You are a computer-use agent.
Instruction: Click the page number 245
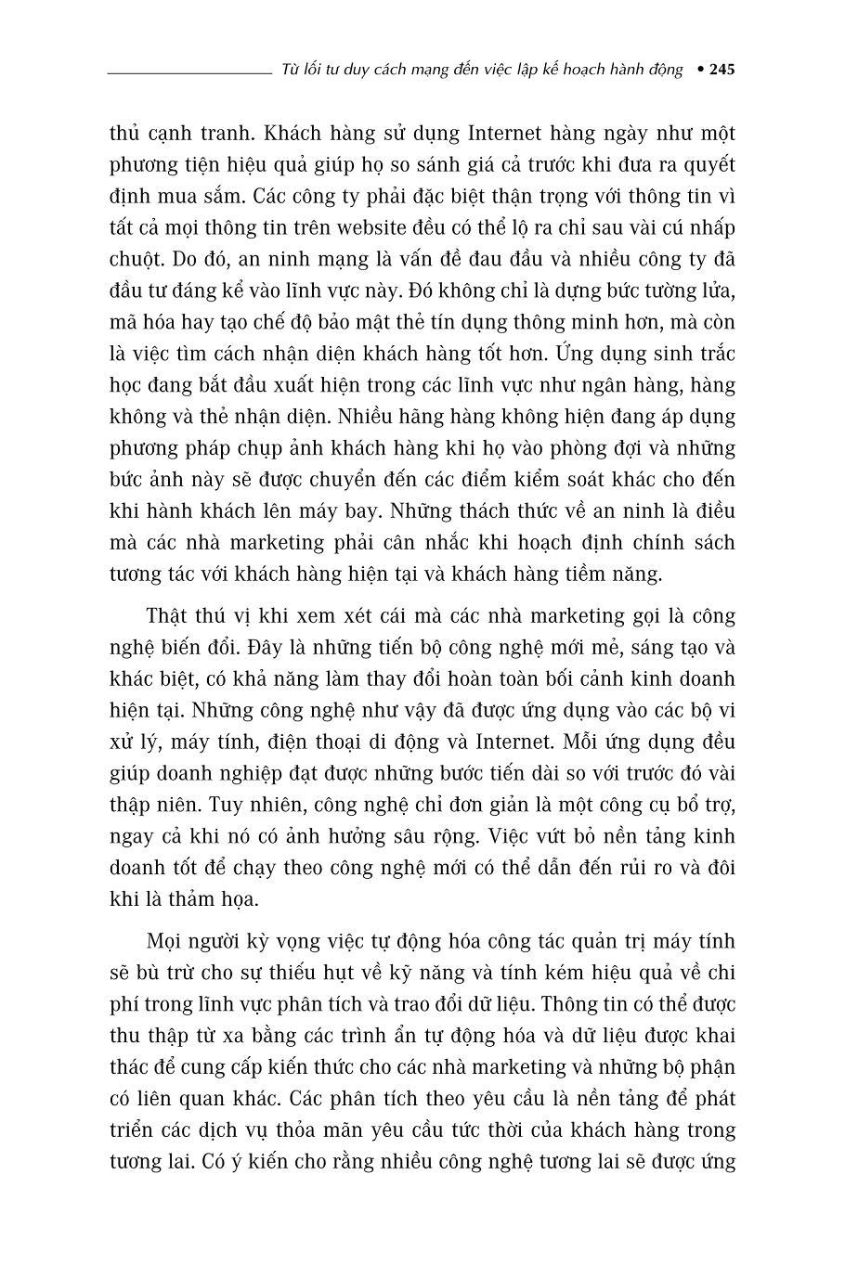click(x=721, y=71)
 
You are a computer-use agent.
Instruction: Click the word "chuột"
click(x=134, y=259)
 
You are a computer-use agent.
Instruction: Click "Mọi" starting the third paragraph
click(x=166, y=942)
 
